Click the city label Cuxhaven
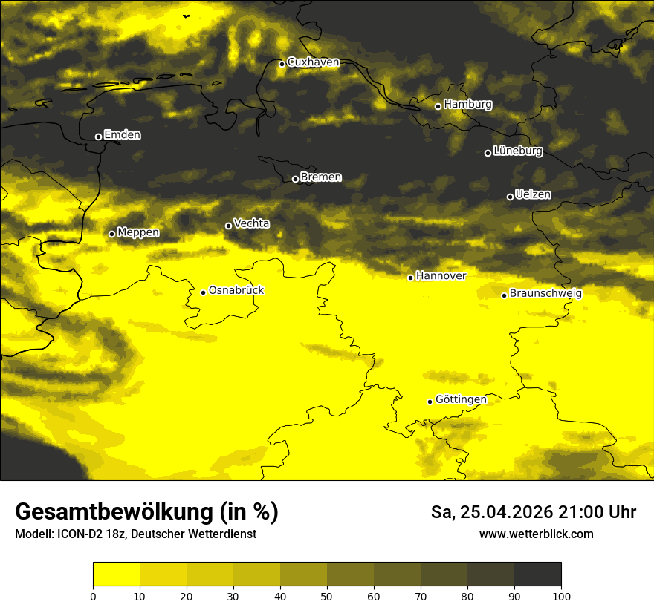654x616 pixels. pos(313,62)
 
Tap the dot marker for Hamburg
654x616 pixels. pos(438,106)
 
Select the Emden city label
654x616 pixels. pos(122,135)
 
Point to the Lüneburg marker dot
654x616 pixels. pos(488,153)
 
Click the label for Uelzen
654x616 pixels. pos(533,194)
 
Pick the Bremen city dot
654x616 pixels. pos(295,179)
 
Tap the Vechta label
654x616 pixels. pos(251,223)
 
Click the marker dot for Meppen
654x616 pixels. pos(111,234)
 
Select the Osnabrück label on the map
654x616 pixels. pos(236,290)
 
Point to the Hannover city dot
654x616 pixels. pos(410,278)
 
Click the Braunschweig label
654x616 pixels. pos(545,293)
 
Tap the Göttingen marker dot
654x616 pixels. pos(430,402)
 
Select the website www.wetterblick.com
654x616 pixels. pos(536,534)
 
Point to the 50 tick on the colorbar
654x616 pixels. pos(327,596)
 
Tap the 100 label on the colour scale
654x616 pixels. pos(561,596)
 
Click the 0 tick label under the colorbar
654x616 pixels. pos(93,596)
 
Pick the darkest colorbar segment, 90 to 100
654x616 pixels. pos(537,574)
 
